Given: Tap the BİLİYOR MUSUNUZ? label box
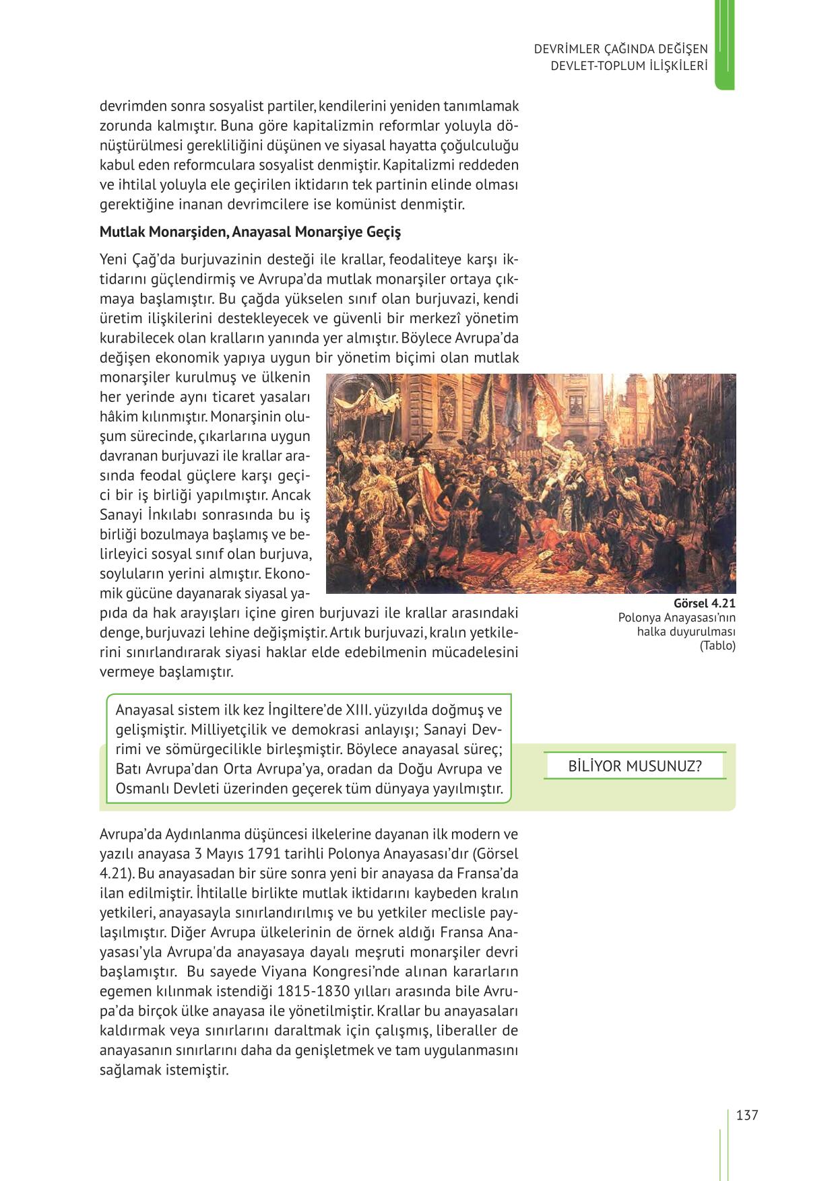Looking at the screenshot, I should coord(634,766).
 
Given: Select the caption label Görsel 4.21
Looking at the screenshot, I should coord(704,603).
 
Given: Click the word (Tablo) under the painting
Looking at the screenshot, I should coord(717,645).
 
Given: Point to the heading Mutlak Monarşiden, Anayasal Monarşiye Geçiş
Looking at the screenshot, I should coord(250,232).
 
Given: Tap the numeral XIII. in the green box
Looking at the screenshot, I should coord(358,710).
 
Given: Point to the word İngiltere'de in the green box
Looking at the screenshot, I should coord(305,710).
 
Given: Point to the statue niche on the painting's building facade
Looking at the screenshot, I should coord(446,408).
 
